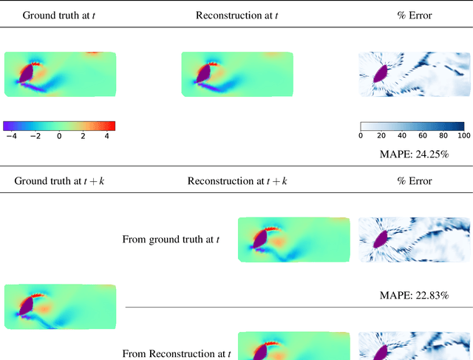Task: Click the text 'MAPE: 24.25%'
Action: click(412, 154)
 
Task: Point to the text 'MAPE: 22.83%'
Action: click(412, 295)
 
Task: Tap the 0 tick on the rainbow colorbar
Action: click(59, 136)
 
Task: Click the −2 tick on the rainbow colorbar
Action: click(35, 136)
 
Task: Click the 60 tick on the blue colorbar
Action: click(423, 136)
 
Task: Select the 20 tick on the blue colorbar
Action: click(381, 136)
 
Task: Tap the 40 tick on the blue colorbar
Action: click(402, 136)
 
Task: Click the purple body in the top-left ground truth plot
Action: click(26, 73)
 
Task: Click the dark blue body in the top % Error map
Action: click(382, 73)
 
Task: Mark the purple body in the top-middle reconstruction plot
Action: click(203, 73)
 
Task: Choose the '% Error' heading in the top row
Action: click(412, 15)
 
